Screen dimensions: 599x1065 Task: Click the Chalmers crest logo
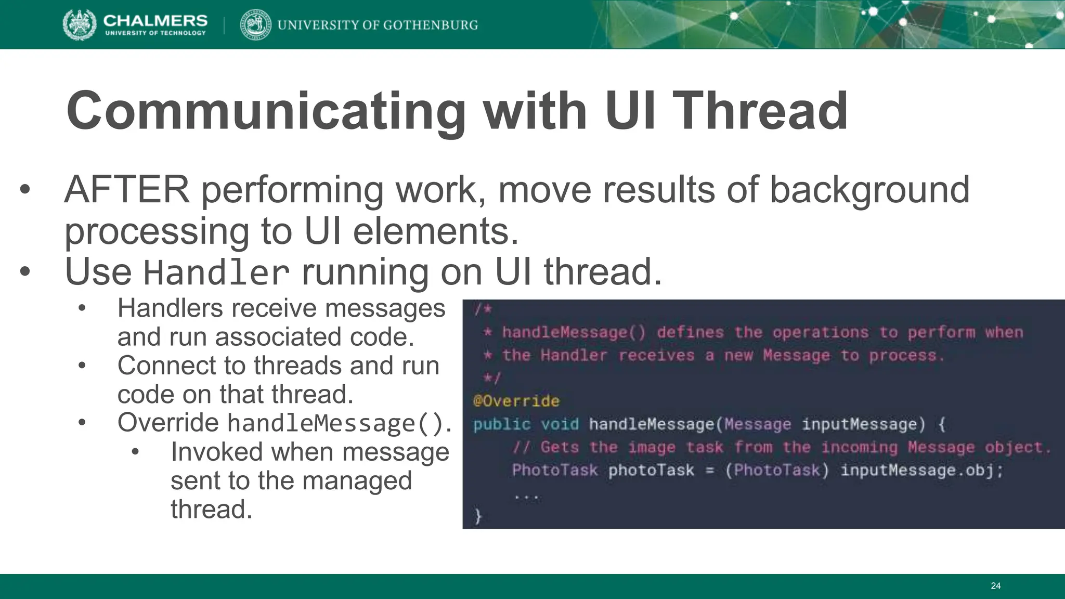(79, 24)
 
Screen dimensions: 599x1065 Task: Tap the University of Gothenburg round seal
(255, 24)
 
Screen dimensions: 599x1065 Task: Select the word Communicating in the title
(265, 111)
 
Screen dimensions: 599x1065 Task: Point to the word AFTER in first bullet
(127, 190)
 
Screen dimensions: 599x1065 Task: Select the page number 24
(995, 586)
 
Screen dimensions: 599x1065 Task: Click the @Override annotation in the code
(516, 401)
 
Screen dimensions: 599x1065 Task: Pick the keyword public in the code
(502, 424)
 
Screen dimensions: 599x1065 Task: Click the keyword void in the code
(560, 424)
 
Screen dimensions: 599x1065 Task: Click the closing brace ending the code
(478, 516)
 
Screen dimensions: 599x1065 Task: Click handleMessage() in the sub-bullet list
(336, 423)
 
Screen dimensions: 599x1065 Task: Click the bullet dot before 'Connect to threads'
(82, 366)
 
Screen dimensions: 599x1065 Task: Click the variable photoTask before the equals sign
(651, 470)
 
